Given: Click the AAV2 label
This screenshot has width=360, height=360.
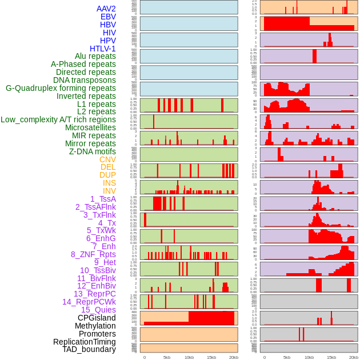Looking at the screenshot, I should [x=106, y=9].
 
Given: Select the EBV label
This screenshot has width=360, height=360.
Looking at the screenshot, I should [x=108, y=17].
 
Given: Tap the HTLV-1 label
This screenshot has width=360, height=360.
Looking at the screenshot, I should [x=102, y=49].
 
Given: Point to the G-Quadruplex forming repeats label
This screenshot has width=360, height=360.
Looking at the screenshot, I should [x=61, y=88].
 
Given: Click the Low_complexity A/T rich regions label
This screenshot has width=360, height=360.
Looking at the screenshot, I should [x=58, y=119].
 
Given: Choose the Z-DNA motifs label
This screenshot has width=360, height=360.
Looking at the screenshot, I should [x=92, y=151].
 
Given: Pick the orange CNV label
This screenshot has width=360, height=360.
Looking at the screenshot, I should [x=107, y=159].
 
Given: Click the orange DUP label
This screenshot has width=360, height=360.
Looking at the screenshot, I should [x=107, y=175].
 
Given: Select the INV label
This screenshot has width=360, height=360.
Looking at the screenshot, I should [x=109, y=191].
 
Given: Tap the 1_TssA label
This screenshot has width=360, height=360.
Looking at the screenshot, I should [x=103, y=199].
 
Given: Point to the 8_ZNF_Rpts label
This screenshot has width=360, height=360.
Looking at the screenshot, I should [x=93, y=254].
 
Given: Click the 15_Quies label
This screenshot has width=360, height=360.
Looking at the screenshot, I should [x=98, y=310].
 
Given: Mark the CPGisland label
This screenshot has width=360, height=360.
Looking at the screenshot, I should [x=97, y=318].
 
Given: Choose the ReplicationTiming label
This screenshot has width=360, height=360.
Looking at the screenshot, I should [x=85, y=342].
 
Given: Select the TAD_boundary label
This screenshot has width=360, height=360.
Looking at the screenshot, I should [x=89, y=349].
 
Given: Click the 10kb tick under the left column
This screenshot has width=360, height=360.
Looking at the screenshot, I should [x=189, y=357].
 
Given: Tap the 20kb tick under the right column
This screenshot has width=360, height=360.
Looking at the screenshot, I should [x=354, y=357].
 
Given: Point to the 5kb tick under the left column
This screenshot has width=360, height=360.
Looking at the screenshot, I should [x=166, y=357].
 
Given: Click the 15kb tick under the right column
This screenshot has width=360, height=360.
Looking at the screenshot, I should [x=331, y=357].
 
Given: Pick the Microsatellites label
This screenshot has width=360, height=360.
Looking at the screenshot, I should [x=90, y=127].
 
